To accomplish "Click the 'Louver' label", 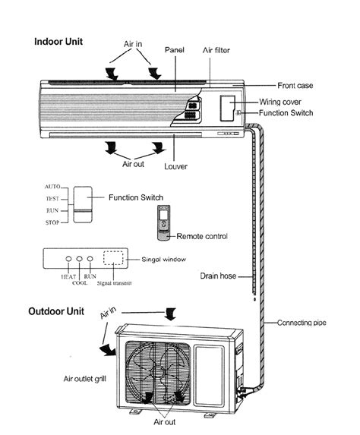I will [x=176, y=165].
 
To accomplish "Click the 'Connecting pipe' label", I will [x=306, y=322].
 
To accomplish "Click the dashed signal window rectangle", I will [x=113, y=258].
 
